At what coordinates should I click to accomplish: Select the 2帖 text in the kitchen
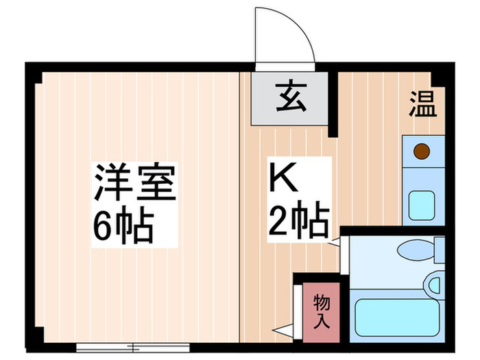[296, 221]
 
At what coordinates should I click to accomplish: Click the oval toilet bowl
[417, 250]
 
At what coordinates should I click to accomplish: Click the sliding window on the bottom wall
[134, 347]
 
